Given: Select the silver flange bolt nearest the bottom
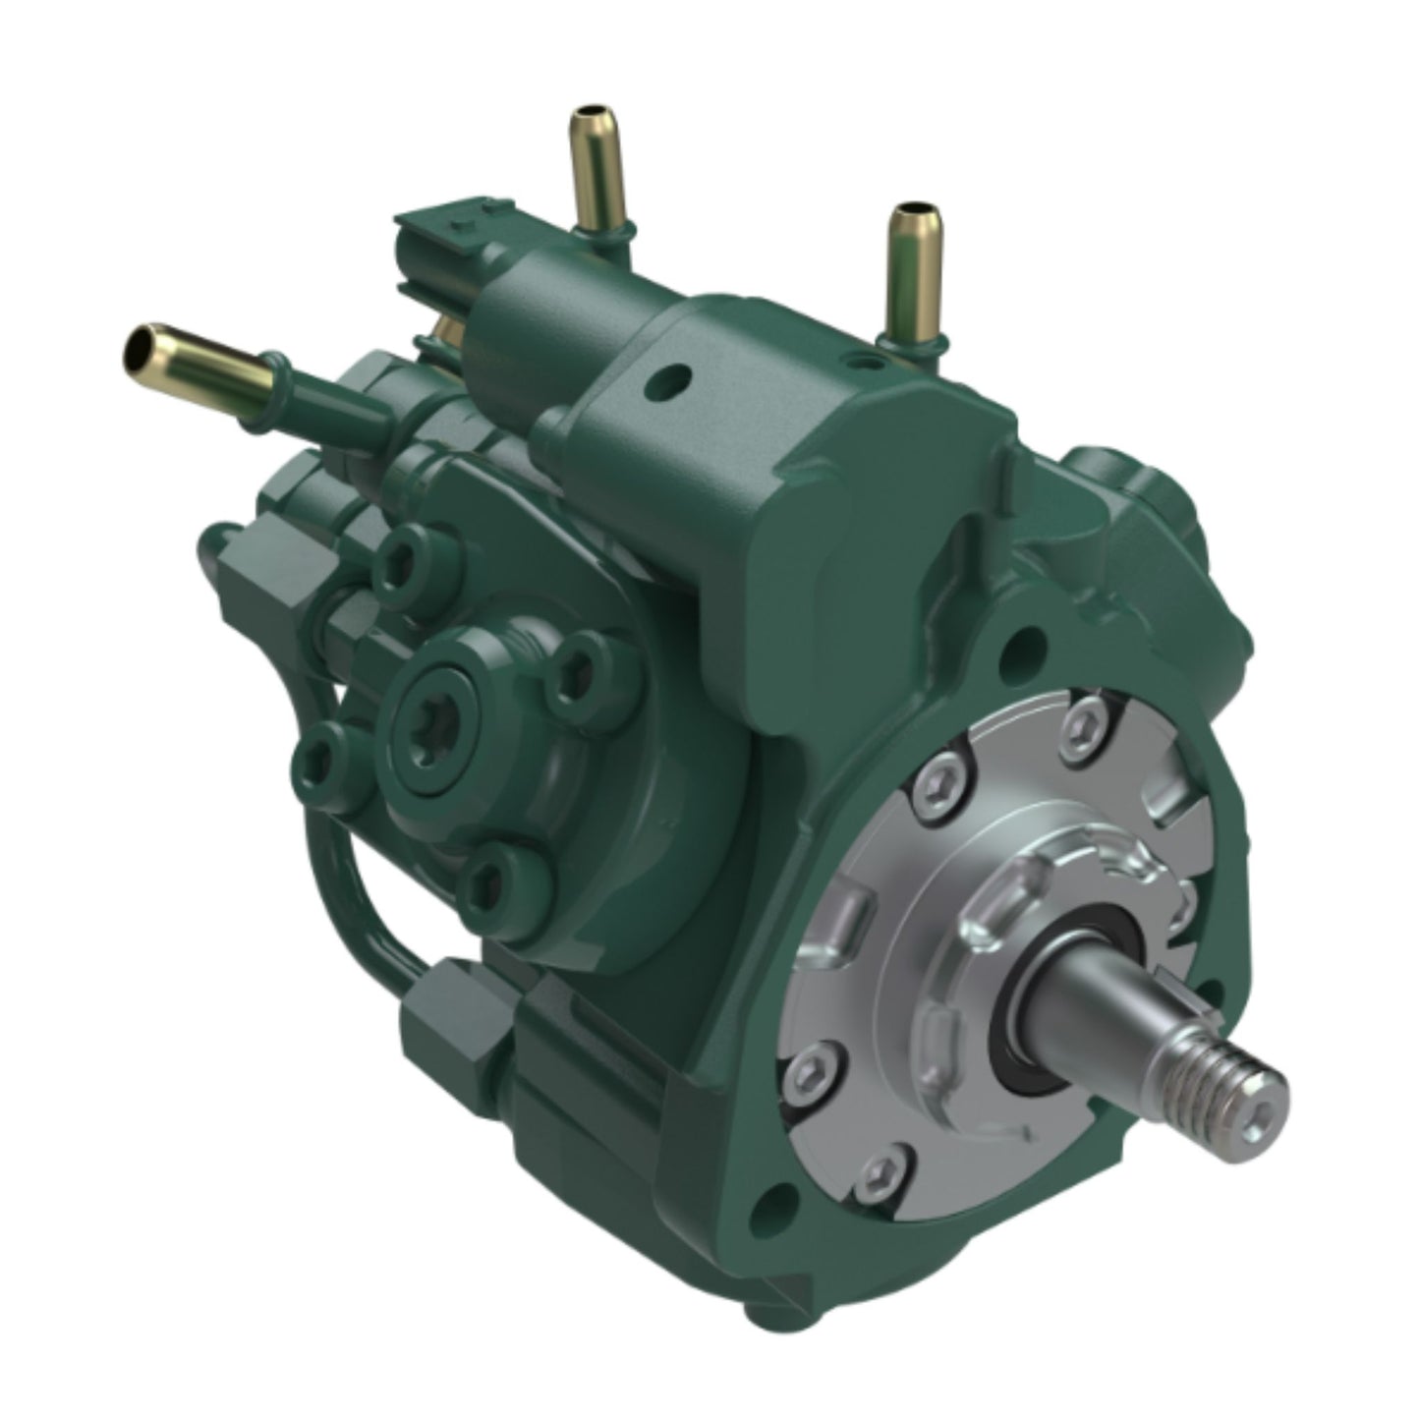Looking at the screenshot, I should [x=880, y=1169].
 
